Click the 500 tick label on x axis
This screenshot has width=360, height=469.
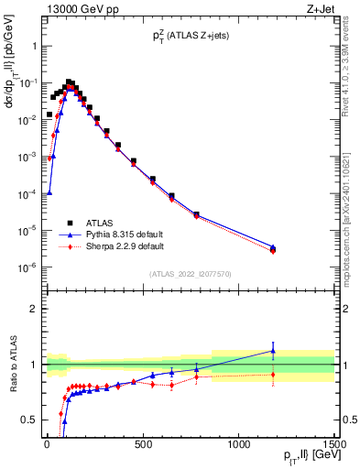point(142,445)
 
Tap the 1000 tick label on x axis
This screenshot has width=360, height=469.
point(238,445)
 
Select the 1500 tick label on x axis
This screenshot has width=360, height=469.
point(333,445)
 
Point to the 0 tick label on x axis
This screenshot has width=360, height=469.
point(47,445)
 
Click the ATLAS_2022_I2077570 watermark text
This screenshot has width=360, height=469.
point(191,274)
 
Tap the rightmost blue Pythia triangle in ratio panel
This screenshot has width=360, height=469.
point(273,351)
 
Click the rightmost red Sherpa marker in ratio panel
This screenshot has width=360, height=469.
point(273,374)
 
